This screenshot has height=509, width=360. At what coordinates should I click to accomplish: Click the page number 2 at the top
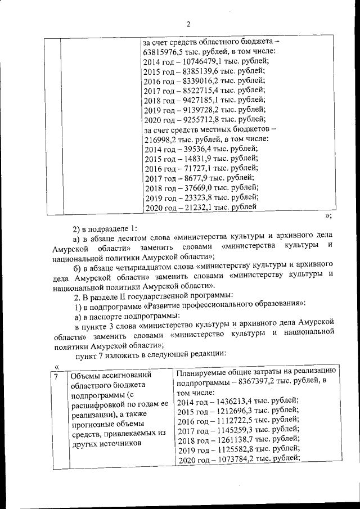click(188, 24)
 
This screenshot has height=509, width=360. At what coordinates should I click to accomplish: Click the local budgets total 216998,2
click(161, 139)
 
